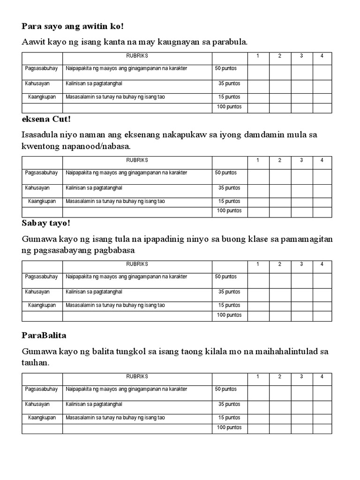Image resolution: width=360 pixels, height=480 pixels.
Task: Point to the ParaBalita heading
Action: pos(45,336)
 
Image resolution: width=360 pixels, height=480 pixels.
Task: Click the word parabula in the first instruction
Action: pos(231,43)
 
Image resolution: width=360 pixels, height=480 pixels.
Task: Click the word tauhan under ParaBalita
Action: pos(35,363)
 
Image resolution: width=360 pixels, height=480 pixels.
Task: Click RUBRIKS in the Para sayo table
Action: pos(137,56)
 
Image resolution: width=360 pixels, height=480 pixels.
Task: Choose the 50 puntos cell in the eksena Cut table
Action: pos(226,172)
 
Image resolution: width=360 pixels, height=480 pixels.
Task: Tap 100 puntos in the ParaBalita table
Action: pos(229,427)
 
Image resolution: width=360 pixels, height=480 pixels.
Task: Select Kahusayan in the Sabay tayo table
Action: pos(37,292)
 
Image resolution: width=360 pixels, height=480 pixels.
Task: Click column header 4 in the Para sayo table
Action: pos(322,56)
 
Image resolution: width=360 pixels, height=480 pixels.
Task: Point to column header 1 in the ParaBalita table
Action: pos(257,376)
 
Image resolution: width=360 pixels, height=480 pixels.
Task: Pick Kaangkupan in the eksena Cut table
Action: pos(42,201)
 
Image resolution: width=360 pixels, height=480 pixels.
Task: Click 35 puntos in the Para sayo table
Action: pos(229,83)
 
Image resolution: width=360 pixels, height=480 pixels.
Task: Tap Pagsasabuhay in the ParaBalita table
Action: pos(41,389)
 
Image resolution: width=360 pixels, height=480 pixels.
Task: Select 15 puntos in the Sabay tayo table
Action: pos(229,305)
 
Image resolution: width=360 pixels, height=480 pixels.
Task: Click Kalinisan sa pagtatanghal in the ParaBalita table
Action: pos(94,404)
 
